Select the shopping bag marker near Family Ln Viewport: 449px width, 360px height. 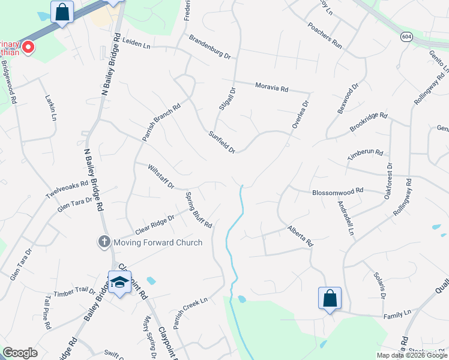[330, 298]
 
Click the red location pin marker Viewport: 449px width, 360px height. [28, 47]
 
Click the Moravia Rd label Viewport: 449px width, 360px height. [271, 88]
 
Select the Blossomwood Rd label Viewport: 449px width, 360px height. [338, 191]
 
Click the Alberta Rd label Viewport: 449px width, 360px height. [300, 236]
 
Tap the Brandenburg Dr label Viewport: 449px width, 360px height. [209, 47]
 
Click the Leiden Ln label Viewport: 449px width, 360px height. [135, 42]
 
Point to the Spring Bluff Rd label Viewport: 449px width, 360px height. [198, 209]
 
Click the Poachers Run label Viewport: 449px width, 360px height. [324, 37]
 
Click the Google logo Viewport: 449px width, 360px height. [20, 352]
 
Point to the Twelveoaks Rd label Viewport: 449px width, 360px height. [67, 190]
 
